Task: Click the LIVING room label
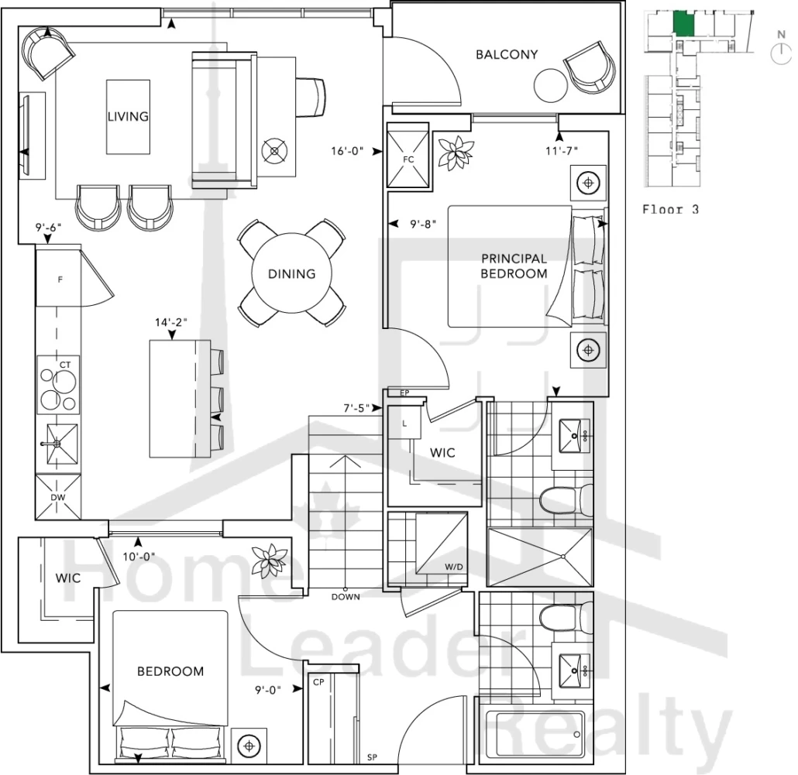click(x=129, y=116)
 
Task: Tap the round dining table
click(x=291, y=273)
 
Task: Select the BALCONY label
click(x=507, y=54)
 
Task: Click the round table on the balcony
click(x=551, y=86)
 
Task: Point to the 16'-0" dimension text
click(x=347, y=151)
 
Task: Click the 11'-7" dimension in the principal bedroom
click(x=562, y=151)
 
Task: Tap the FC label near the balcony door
click(x=408, y=159)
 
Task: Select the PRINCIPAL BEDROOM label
click(x=514, y=266)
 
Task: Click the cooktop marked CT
click(x=59, y=384)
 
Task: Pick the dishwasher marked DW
click(x=58, y=497)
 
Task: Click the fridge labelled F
click(x=58, y=278)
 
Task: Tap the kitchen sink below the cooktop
click(x=62, y=444)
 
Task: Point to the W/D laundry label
click(x=454, y=567)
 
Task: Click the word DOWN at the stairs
click(x=346, y=596)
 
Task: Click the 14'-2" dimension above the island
click(x=171, y=322)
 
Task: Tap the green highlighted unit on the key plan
click(x=684, y=23)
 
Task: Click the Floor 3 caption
click(x=671, y=209)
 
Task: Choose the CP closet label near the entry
click(x=318, y=682)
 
